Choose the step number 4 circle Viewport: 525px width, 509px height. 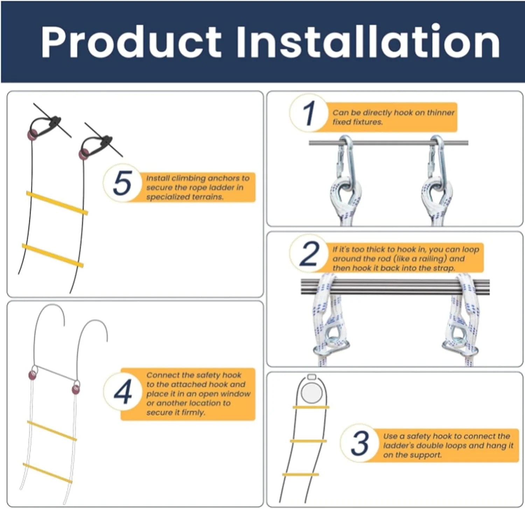(122, 392)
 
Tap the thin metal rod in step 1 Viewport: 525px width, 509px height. (388, 143)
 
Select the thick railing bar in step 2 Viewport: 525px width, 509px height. (395, 287)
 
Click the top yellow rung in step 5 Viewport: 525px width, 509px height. (57, 203)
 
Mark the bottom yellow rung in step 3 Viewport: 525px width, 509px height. (301, 475)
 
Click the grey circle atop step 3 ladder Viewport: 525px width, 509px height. (311, 392)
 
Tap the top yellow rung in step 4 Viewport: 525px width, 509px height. (52, 431)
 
